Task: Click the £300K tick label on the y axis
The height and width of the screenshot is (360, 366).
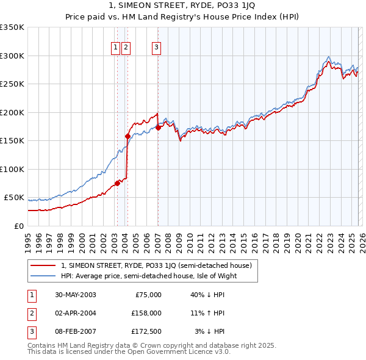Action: pyautogui.click(x=12, y=56)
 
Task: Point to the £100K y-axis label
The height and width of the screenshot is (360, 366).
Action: pyautogui.click(x=12, y=169)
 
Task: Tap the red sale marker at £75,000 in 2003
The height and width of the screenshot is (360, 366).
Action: pyautogui.click(x=117, y=183)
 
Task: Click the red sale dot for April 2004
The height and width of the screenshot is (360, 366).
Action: pyautogui.click(x=127, y=136)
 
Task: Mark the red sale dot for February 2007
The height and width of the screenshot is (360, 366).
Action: pyautogui.click(x=158, y=128)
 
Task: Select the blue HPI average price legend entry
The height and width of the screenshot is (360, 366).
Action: pyautogui.click(x=148, y=276)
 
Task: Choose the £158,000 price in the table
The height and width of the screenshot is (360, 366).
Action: pyautogui.click(x=146, y=313)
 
